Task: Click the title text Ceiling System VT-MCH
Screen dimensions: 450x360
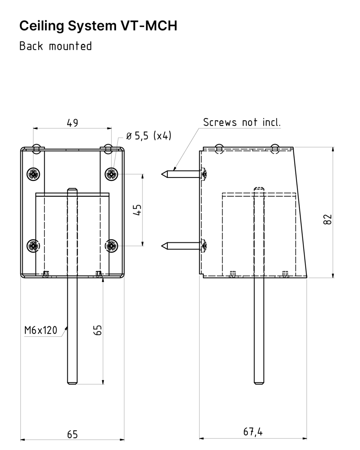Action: coord(98,26)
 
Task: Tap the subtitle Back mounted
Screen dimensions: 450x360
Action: coord(56,46)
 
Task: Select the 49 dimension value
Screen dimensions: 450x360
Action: coord(72,123)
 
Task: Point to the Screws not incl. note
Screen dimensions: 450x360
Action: coord(242,122)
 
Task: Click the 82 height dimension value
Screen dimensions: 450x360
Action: coord(327,219)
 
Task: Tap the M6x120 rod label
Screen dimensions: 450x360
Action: coord(41,330)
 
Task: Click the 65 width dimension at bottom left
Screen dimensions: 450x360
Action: coord(72,434)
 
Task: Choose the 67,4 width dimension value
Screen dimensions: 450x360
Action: coord(253,432)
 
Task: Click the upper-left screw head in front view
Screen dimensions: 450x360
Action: coord(34,173)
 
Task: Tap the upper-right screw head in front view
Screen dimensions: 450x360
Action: coord(111,173)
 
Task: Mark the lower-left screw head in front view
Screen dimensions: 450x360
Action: coord(34,246)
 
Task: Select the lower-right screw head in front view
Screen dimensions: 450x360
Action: coord(111,246)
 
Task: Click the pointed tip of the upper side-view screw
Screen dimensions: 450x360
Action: coord(163,174)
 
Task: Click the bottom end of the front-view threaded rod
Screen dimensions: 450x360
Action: coord(72,383)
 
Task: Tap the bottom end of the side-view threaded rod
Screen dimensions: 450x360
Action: coord(259,383)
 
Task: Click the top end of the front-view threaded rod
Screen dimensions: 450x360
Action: coord(72,190)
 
